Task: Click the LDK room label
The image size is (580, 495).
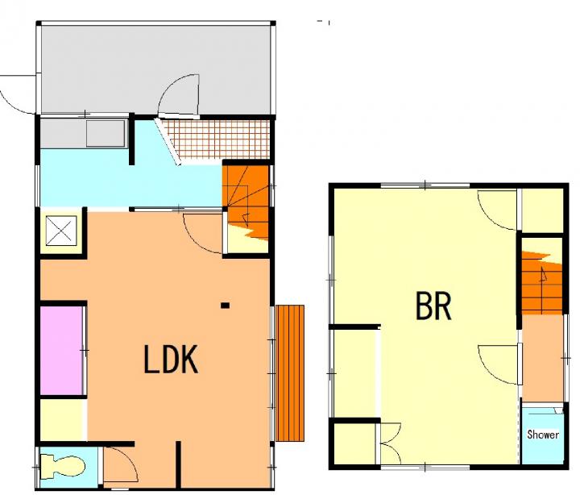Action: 171,359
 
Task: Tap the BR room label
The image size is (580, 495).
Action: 433,306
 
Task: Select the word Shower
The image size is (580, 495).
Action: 543,435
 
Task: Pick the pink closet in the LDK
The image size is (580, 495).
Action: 61,350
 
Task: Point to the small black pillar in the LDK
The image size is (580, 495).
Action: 225,306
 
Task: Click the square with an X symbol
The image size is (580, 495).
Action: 61,231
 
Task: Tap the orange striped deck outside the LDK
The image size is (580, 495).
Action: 290,373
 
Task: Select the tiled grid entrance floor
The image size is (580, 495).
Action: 217,139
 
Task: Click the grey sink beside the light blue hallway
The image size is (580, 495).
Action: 106,133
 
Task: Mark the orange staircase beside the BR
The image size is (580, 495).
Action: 542,282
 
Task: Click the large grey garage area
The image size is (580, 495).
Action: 156,69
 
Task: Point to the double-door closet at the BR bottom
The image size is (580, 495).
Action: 390,443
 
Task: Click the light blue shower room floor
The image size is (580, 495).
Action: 542,436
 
